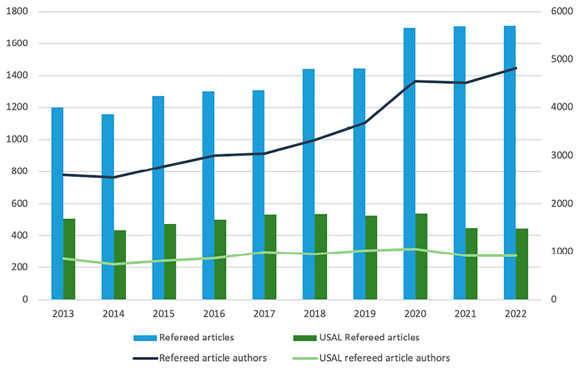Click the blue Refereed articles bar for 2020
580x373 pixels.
tap(409, 163)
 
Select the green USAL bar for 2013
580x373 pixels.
tap(69, 259)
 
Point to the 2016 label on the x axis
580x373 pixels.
tap(214, 314)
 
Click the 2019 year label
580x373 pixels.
tap(365, 314)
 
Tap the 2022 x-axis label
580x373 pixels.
tap(516, 314)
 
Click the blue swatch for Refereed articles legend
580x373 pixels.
tap(145, 337)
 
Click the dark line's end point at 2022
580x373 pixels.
tap(516, 68)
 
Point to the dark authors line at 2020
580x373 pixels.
tap(415, 81)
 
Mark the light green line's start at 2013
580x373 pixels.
tap(64, 258)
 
